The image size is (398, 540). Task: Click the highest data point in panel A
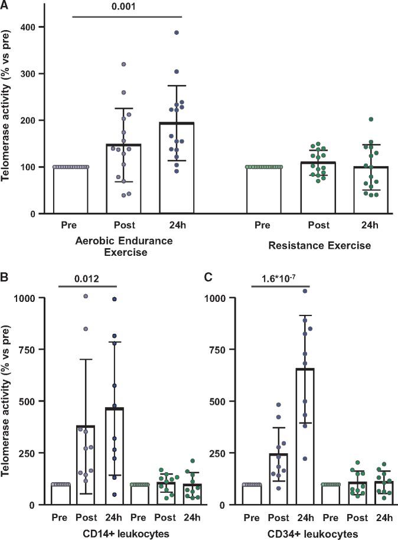point(177,32)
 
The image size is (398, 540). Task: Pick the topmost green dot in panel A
point(370,119)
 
